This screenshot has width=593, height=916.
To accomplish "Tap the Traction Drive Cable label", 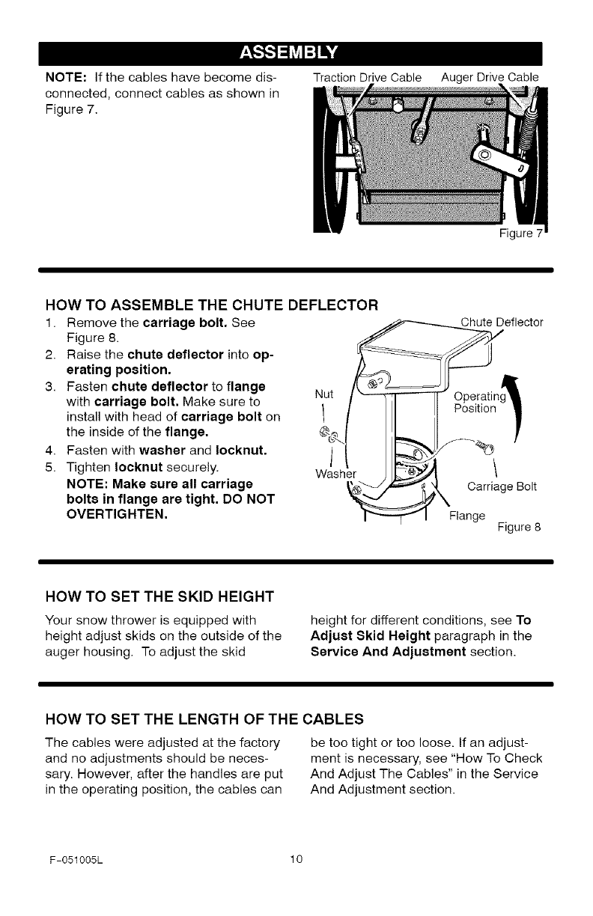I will [368, 76].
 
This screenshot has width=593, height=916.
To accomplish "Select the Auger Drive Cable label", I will [490, 76].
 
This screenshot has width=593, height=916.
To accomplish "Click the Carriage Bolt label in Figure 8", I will [499, 488].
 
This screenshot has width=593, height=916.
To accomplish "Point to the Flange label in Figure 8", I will [466, 516].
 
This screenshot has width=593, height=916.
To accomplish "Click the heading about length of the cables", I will [204, 719].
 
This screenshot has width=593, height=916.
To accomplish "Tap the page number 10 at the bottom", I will [296, 858].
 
